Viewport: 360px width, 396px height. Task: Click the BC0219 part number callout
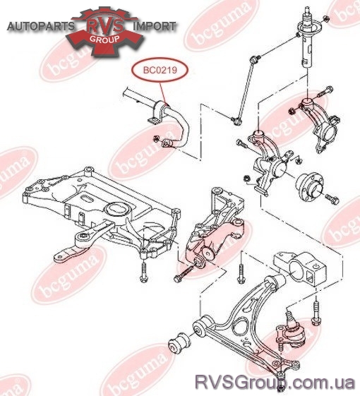click(160, 70)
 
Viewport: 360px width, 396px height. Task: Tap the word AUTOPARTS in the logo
click(41, 26)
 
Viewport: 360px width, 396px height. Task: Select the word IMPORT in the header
click(154, 26)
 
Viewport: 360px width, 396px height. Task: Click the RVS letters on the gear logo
click(105, 26)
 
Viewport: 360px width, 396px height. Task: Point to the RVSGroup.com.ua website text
click(275, 382)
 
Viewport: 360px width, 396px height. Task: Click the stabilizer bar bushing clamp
click(157, 112)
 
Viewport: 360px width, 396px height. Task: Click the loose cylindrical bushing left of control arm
click(179, 343)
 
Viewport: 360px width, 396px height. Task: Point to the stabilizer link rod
click(244, 90)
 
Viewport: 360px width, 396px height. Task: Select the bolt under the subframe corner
click(143, 272)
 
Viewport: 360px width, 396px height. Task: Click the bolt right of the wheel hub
click(332, 199)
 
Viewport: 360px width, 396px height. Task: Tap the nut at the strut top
click(325, 18)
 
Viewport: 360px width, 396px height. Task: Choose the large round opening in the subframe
click(117, 210)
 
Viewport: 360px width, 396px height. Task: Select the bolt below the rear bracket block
click(316, 313)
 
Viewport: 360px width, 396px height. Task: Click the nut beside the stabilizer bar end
click(156, 138)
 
